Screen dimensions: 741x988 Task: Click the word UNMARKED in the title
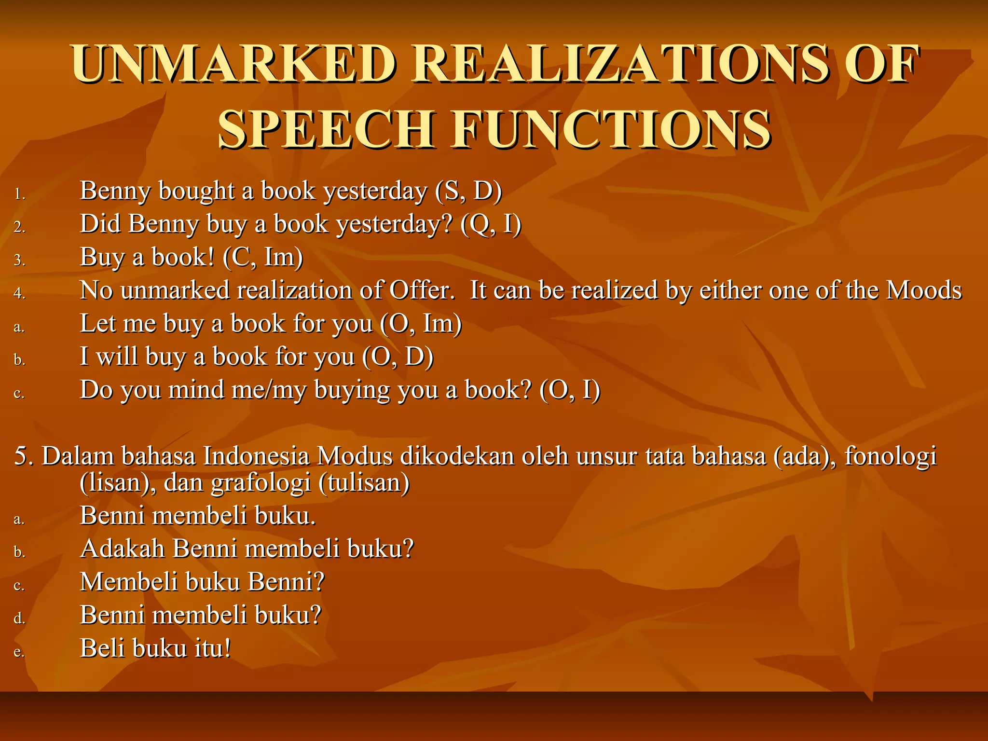tap(233, 64)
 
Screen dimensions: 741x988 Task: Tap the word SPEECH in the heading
tap(327, 129)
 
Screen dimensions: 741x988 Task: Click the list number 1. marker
tap(19, 194)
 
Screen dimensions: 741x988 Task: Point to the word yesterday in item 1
tap(375, 191)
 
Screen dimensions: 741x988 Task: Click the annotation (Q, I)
tap(491, 224)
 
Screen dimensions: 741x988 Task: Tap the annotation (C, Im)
tap(263, 257)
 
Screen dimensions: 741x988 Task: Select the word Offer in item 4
tap(422, 290)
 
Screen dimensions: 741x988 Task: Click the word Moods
tap(924, 290)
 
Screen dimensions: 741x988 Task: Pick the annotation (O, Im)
tap(421, 324)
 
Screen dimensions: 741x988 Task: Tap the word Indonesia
tap(256, 456)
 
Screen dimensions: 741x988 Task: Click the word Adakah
tap(123, 549)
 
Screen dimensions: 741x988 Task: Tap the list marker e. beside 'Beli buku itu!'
tap(19, 652)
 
